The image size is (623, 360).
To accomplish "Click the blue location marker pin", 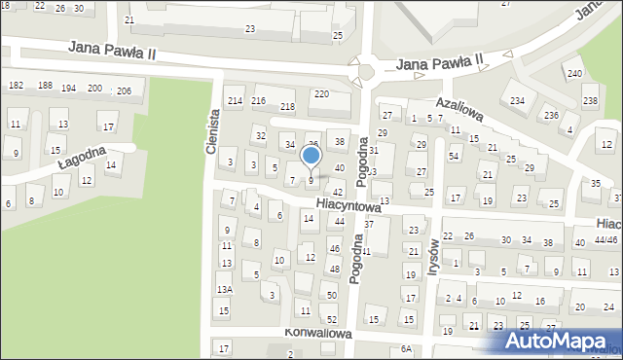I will [x=311, y=157].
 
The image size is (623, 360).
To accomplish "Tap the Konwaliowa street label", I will [x=317, y=332].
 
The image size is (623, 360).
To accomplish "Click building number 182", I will [x=16, y=87].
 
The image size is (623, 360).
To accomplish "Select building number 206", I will [x=124, y=90].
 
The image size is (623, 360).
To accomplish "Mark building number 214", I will [x=234, y=101].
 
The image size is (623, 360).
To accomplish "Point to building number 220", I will [x=320, y=93].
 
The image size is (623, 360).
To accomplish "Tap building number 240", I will [x=574, y=74].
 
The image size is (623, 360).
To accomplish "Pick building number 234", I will [x=517, y=100].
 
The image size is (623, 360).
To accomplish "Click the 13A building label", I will [x=224, y=290].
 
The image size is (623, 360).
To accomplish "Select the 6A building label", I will [x=406, y=348].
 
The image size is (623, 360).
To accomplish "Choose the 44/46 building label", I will [x=606, y=239].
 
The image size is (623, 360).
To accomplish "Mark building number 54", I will [x=454, y=157].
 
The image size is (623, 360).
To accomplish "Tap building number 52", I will [x=331, y=320].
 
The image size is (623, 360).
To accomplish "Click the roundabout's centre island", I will [x=367, y=70].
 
